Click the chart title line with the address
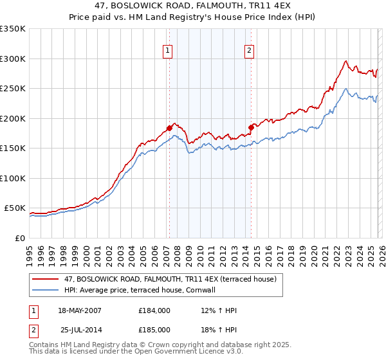(192, 6)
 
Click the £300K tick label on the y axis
(13, 59)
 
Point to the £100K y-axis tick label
(13, 178)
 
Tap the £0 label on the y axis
(19, 238)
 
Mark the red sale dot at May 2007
(170, 128)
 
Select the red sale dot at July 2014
(251, 127)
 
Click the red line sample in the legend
(46, 279)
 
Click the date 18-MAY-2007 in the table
(80, 310)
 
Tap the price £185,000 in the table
(154, 329)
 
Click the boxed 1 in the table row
(33, 310)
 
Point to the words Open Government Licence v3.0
(188, 352)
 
